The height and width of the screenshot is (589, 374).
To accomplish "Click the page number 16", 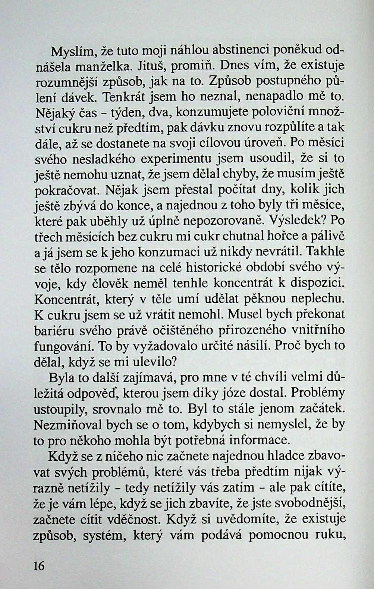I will click(39, 566).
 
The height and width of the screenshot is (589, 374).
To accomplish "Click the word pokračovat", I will click(67, 190).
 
